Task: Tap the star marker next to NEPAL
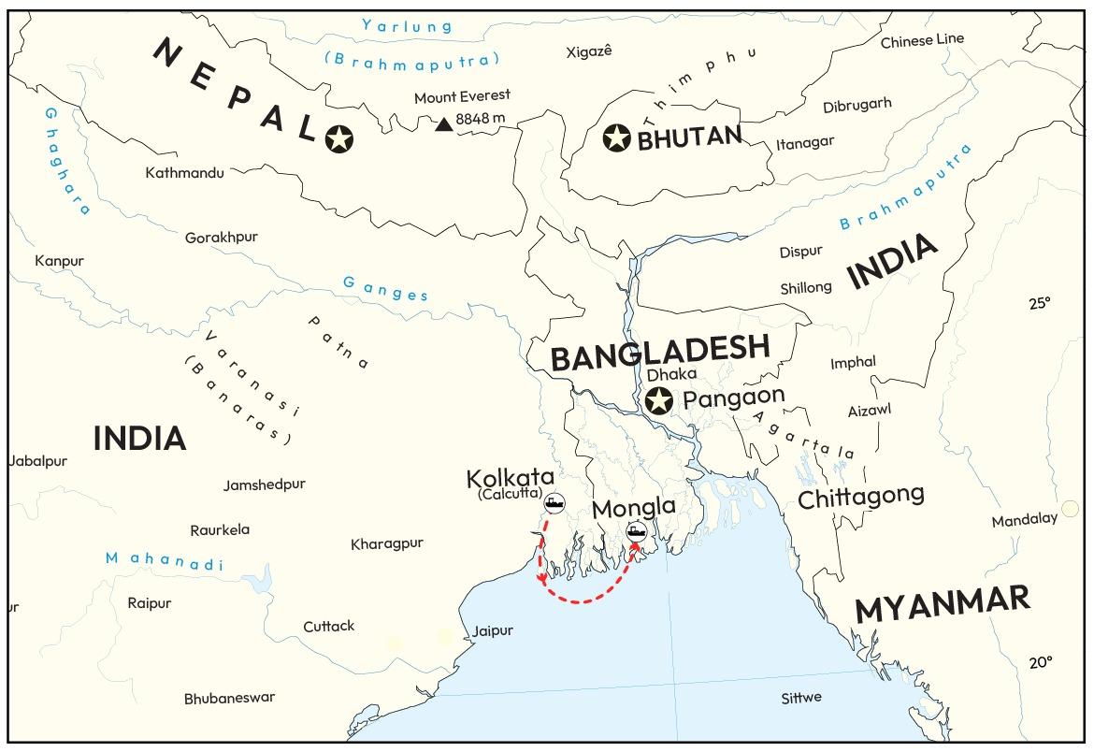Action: click(339, 140)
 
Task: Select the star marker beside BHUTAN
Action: click(617, 138)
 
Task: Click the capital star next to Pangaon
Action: click(659, 400)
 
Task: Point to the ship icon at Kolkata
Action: click(554, 503)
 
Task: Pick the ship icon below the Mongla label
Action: click(637, 533)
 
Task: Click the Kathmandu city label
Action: click(184, 173)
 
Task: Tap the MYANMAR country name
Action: click(943, 605)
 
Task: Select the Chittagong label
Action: click(860, 497)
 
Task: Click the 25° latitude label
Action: click(1040, 303)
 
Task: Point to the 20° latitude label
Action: click(1040, 662)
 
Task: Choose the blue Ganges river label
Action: click(385, 288)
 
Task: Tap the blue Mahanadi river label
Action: click(165, 560)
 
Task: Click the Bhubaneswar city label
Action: click(229, 699)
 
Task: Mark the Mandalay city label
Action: click(1024, 520)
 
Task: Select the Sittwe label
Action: click(801, 698)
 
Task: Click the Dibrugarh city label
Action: click(857, 105)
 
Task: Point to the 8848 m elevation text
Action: click(480, 120)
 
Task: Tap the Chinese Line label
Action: click(922, 40)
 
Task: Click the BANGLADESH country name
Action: click(659, 354)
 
